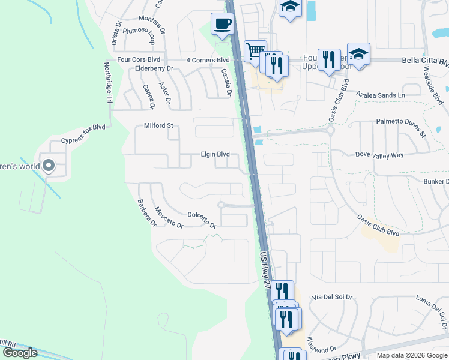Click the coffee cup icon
[222, 24]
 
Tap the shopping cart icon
[256, 50]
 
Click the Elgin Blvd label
[215, 154]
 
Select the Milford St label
[158, 126]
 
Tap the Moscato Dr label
[168, 217]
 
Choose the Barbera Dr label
[146, 213]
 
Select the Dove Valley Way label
[379, 155]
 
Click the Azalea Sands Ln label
[381, 95]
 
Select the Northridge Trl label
[109, 84]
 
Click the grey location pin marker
[49, 166]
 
